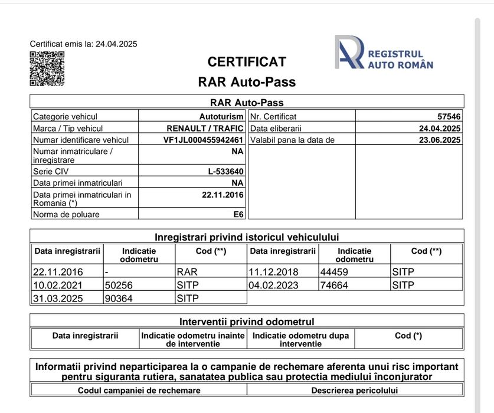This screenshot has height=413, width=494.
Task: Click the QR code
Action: point(47,68)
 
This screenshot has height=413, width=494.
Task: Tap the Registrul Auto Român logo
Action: point(384,53)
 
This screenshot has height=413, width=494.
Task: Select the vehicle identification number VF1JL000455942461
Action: point(203,140)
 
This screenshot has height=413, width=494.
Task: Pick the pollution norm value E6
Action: point(238,214)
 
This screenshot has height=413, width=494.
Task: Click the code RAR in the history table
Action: point(187,272)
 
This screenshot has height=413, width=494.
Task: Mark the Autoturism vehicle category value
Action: point(221,117)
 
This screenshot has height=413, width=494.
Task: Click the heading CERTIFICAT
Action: point(247,62)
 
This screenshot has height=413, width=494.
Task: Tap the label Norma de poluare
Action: point(66,214)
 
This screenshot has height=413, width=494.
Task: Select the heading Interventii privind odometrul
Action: point(247,322)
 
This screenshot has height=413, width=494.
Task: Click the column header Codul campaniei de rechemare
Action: point(139,390)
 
